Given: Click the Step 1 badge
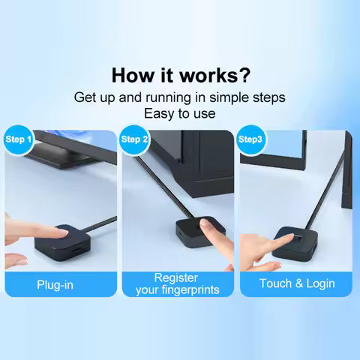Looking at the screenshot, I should pos(18,139).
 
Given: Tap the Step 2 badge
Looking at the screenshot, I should pos(135,139).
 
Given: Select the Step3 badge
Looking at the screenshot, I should pos(250,139).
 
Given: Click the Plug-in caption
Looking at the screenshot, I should pos(55,285).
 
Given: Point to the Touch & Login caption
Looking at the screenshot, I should pos(297,283).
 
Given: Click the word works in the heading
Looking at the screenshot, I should pos(214,76).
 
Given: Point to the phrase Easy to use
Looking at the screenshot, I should pos(179,113).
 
